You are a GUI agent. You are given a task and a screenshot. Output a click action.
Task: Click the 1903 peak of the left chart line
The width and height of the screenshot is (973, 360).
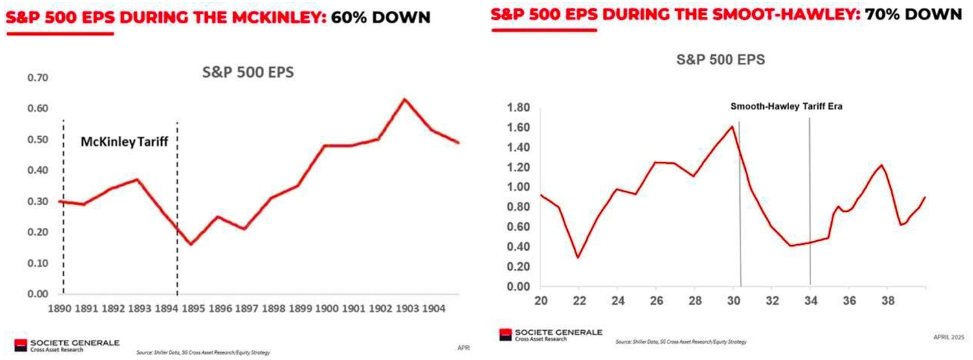[405, 99]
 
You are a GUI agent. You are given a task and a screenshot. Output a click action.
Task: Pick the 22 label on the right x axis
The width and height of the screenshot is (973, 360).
[579, 301]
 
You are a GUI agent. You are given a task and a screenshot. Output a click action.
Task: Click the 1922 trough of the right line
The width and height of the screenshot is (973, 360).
[578, 257]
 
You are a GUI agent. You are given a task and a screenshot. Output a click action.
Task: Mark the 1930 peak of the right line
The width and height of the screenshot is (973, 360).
[732, 126]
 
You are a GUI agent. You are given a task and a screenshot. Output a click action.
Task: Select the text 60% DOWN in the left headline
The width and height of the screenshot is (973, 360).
[381, 17]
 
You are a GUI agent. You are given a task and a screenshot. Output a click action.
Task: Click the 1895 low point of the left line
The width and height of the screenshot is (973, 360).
[191, 244]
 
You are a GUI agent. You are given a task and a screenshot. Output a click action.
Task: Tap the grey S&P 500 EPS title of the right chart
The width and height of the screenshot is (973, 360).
[721, 60]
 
